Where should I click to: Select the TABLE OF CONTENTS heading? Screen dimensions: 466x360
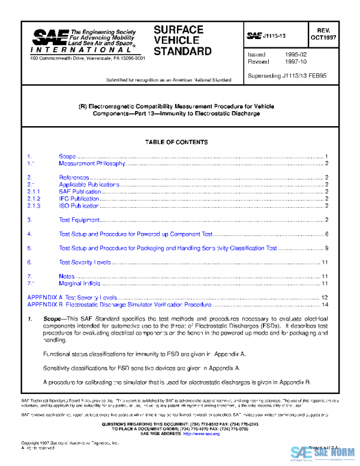(x=176, y=142)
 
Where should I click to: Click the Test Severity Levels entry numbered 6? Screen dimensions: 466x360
(x=85, y=262)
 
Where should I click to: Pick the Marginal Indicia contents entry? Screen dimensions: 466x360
(x=79, y=283)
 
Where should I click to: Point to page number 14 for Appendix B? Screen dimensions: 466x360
(x=325, y=304)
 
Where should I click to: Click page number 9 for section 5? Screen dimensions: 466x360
(x=326, y=247)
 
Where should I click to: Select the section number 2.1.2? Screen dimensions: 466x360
(x=34, y=199)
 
